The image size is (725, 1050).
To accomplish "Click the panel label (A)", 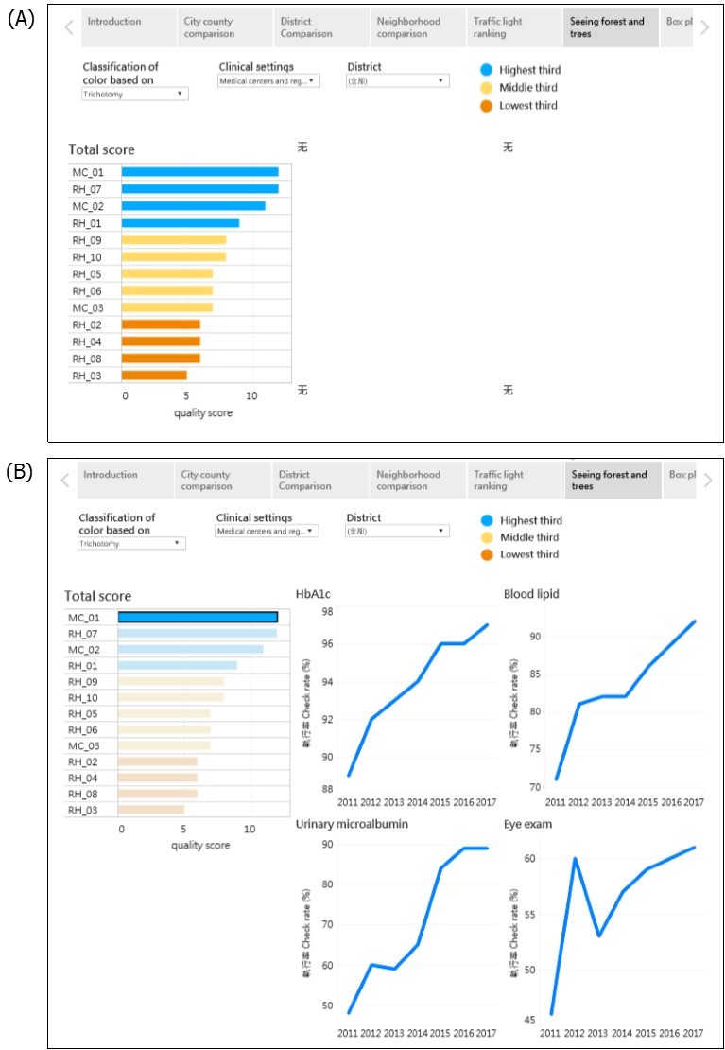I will (21, 19).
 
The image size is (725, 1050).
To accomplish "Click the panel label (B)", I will (21, 472).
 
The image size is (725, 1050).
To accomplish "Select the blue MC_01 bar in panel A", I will (199, 172).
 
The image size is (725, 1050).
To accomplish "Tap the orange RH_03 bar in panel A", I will (154, 376).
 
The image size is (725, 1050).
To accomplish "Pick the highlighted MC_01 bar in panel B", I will (198, 617).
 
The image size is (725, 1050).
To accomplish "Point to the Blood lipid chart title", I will (534, 594).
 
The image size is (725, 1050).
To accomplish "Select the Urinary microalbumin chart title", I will (353, 824).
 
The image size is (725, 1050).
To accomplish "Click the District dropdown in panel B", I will (396, 532).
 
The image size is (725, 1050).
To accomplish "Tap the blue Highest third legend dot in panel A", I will (486, 70).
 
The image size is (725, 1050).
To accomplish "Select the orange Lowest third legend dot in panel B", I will (486, 554).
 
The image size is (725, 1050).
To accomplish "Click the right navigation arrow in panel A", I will (703, 27).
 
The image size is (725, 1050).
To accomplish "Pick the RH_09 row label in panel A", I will (87, 240).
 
